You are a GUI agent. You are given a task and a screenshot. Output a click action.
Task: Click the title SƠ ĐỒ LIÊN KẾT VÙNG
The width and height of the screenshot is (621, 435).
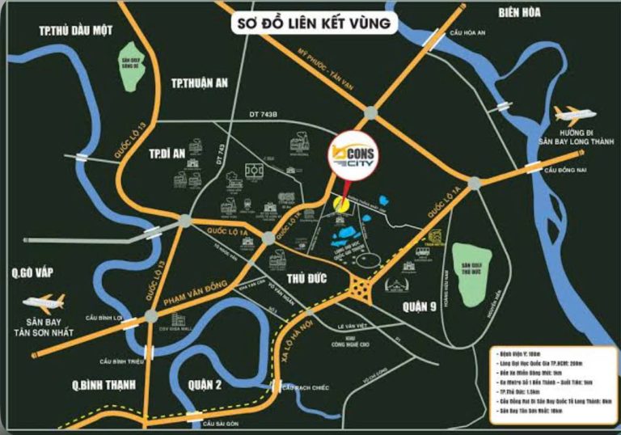(x=315, y=23)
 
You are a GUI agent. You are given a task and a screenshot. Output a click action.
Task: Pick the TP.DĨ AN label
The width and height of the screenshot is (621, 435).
(x=168, y=153)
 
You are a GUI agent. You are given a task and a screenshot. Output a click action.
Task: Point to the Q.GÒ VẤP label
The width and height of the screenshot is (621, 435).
(x=28, y=273)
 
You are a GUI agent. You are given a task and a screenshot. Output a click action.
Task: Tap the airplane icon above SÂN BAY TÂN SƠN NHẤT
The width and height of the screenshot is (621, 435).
(x=44, y=303)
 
